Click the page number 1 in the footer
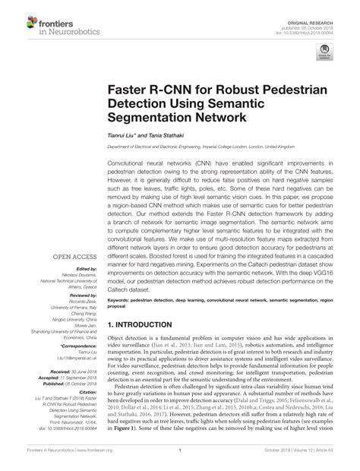[180, 460]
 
